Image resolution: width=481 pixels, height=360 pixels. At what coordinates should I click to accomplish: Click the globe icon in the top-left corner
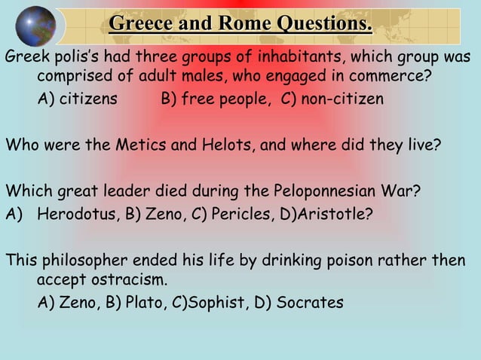point(35,26)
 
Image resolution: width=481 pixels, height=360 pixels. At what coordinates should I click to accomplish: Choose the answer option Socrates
point(310,303)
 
